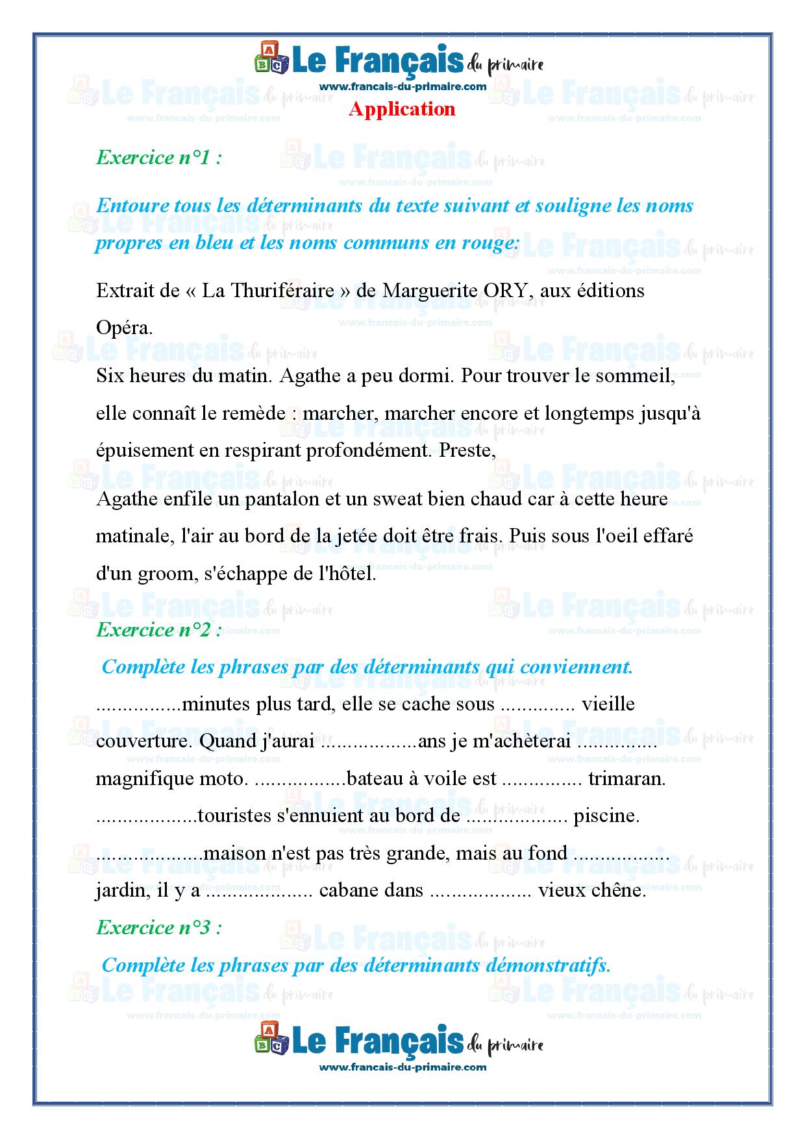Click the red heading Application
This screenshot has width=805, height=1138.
(402, 109)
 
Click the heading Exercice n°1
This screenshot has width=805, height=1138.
(159, 158)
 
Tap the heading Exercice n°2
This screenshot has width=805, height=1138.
(159, 630)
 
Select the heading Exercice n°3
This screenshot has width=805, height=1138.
(159, 928)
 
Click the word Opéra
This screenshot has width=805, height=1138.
(124, 328)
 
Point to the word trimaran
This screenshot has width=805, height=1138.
(626, 779)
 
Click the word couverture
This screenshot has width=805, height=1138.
(143, 742)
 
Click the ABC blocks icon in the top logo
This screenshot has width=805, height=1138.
(271, 58)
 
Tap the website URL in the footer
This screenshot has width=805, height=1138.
(402, 1067)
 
